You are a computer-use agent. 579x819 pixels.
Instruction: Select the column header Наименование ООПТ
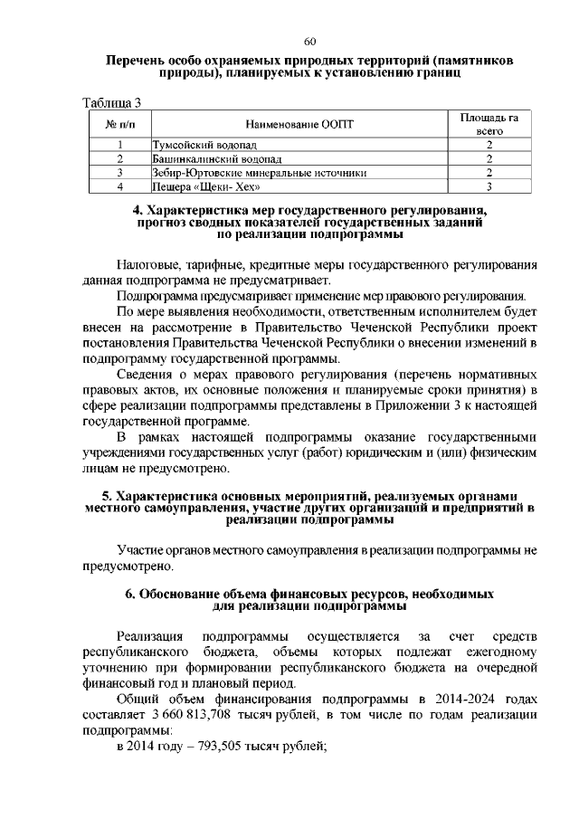click(299, 123)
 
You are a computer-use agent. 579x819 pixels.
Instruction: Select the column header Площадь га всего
click(489, 123)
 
